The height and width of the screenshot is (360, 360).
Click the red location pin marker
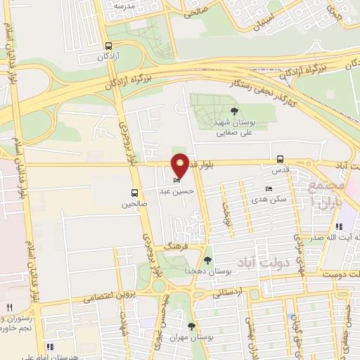click(180, 165)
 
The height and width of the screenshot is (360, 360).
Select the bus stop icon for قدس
click(281, 159)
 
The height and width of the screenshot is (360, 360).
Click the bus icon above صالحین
click(134, 192)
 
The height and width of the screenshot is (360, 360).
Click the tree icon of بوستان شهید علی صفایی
click(234, 110)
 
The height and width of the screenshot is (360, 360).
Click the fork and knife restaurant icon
click(9, 307)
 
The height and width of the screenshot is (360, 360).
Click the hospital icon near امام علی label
click(49, 347)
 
